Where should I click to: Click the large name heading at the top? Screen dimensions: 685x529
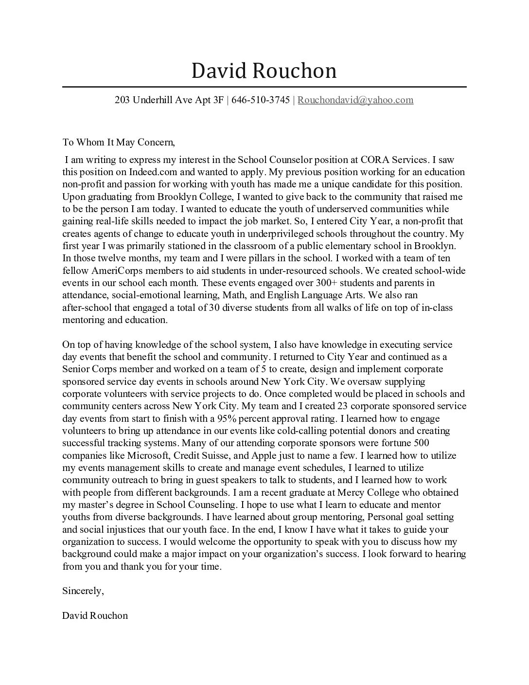(x=264, y=71)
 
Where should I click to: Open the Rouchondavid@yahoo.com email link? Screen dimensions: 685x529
(x=355, y=100)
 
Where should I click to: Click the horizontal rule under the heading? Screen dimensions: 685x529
(x=264, y=87)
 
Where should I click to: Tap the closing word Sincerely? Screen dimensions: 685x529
(x=83, y=591)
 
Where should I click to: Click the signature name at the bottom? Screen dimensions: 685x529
(x=95, y=616)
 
